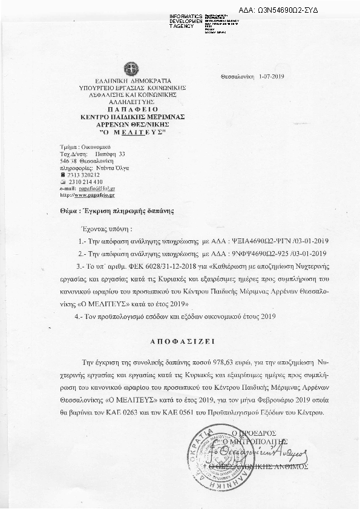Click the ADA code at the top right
point(287,11)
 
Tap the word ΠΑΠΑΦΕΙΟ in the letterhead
point(128,110)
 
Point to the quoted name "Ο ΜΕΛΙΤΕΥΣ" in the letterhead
point(128,131)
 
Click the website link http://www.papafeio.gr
point(88,195)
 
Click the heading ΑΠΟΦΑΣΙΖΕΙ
point(179,341)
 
